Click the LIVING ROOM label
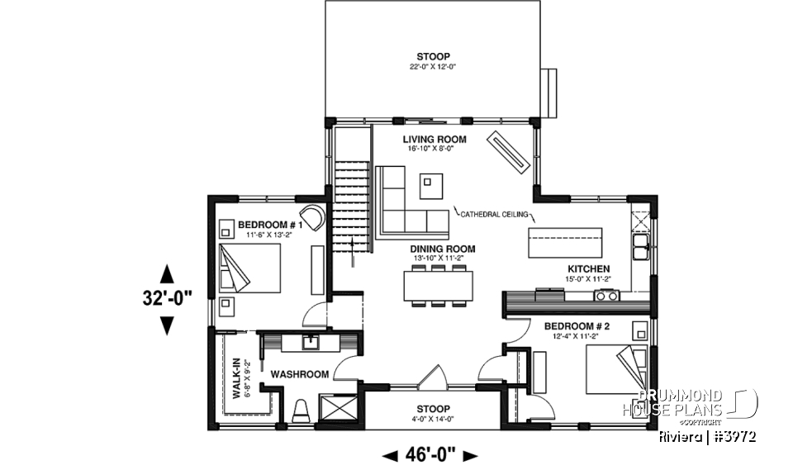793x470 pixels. pos(434,139)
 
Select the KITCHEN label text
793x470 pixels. pos(588,269)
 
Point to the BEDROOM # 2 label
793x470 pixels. pos(577,327)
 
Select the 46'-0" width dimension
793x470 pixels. pos(430,454)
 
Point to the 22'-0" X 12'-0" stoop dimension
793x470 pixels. pos(433,68)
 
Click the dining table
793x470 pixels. pos(439,285)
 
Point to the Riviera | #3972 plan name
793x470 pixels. pos(709,436)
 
